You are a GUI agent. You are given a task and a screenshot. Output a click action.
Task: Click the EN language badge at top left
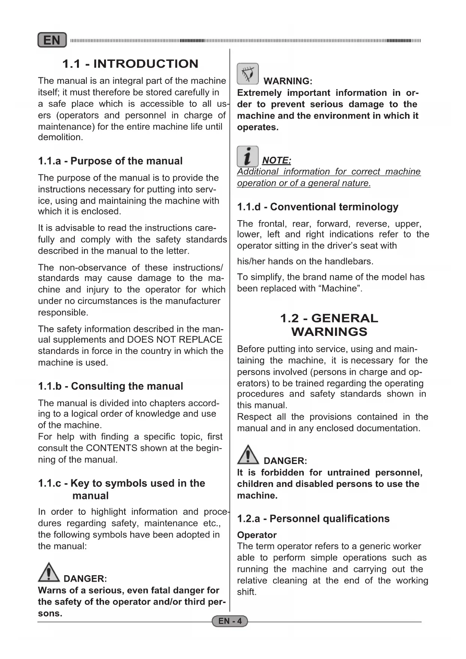(52, 40)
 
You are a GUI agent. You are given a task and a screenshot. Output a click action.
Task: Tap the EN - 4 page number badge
(230, 621)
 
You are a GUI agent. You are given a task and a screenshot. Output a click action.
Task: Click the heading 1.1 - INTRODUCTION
(130, 64)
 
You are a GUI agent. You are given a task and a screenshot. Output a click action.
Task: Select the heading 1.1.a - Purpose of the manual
(110, 161)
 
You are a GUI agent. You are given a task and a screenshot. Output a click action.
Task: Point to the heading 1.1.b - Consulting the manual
(110, 386)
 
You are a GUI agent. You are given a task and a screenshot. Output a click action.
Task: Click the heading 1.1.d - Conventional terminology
(317, 207)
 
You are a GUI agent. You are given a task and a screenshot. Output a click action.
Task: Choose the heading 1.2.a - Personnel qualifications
(313, 519)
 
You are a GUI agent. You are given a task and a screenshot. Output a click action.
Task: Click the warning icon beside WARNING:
(247, 74)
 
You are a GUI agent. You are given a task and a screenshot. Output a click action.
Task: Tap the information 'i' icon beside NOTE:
(247, 156)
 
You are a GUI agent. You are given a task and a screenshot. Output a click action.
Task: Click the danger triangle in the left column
(48, 572)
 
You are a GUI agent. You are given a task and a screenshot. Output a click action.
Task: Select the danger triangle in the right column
(248, 455)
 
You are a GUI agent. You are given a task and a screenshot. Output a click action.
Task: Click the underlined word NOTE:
(276, 161)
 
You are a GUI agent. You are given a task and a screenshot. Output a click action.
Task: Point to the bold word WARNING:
(288, 81)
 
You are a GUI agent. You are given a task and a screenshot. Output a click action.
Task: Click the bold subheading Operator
(256, 535)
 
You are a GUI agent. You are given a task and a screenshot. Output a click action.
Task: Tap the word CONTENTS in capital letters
(112, 448)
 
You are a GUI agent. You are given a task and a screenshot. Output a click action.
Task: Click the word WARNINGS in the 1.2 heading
(329, 332)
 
